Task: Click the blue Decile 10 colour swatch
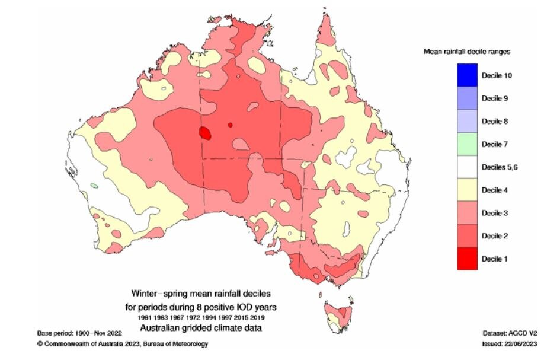(467, 75)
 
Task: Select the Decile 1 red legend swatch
(467, 259)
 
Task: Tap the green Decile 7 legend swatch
(467, 144)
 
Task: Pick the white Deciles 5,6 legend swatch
(467, 167)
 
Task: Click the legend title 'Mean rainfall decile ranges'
(467, 52)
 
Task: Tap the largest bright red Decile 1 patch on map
(205, 133)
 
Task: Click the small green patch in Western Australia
(94, 186)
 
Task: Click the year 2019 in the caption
(257, 318)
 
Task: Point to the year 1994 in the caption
(210, 318)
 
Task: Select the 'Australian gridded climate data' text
(201, 328)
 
